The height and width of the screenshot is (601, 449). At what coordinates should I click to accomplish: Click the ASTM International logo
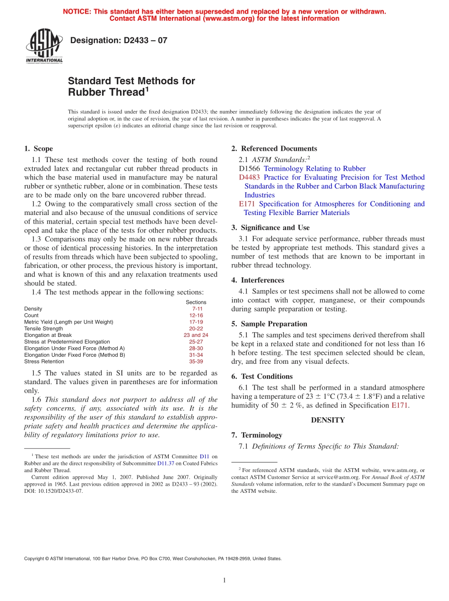[x=44, y=46]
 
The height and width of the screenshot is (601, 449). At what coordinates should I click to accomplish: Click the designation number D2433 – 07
[x=118, y=41]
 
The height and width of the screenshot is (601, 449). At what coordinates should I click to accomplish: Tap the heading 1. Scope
[x=39, y=148]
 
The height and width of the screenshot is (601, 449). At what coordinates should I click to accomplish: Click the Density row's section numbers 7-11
[x=197, y=309]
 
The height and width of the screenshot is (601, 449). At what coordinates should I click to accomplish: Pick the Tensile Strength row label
[x=43, y=328]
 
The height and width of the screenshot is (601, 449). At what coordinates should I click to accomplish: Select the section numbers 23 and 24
[x=196, y=335]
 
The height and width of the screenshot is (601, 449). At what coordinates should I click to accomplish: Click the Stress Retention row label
[x=44, y=361]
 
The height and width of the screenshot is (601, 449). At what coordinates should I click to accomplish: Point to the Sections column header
[x=196, y=302]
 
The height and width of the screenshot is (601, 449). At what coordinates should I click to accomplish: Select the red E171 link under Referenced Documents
[x=247, y=204]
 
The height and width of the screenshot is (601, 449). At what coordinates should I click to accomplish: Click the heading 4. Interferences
[x=258, y=280]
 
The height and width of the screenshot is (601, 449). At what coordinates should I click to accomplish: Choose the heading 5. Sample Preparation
[x=269, y=324]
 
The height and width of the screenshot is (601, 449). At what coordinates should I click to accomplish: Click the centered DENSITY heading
[x=328, y=420]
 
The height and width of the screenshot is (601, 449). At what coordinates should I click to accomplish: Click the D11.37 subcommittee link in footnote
[x=165, y=464]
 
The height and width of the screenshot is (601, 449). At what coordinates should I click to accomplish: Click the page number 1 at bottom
[x=224, y=581]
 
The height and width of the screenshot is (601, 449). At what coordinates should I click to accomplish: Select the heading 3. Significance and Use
[x=270, y=228]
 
